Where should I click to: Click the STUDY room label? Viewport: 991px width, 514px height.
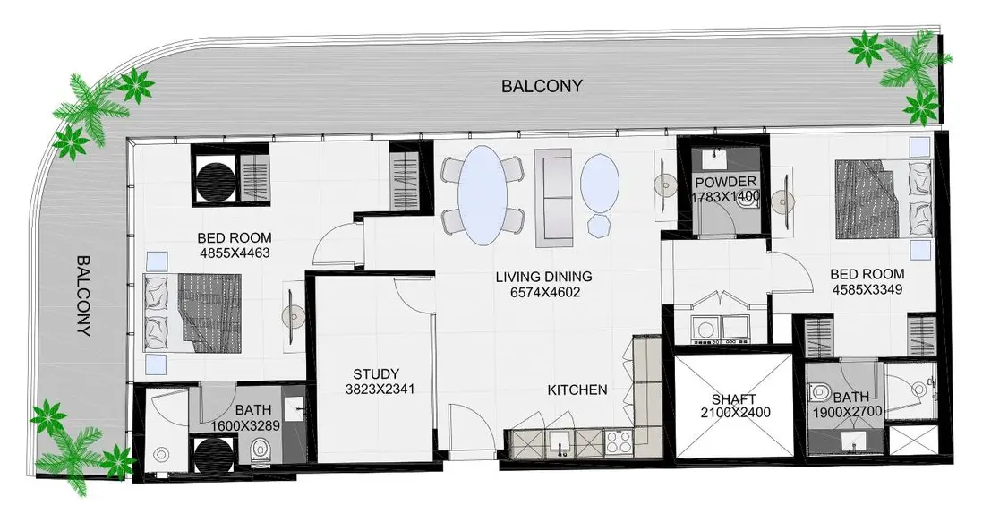coord(375,373)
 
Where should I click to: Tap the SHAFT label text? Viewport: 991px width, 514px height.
coord(734,398)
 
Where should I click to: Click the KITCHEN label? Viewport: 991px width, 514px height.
coord(577,390)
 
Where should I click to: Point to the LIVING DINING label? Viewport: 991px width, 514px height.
coord(543,277)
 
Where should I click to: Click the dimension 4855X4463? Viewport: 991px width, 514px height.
coord(235,253)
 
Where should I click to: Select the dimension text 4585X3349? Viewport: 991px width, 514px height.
coord(866,289)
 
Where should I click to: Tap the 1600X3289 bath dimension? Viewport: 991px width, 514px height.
coord(245,426)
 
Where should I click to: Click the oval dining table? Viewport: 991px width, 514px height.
coord(482,194)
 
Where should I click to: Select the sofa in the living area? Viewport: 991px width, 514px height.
coord(551,196)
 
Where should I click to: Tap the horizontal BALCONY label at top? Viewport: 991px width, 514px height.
coord(542,86)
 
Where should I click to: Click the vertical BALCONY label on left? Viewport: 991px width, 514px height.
coord(83,296)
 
